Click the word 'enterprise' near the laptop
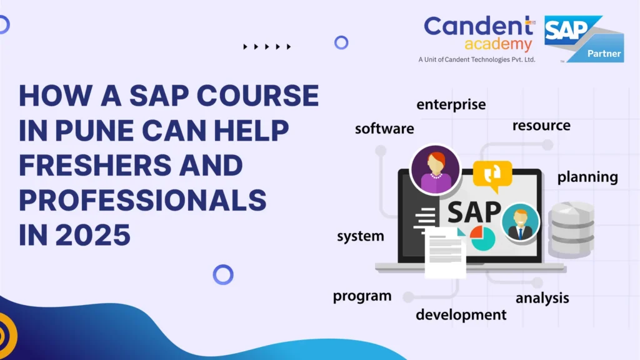451,104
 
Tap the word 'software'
384,129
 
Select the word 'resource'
541,126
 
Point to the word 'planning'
587,177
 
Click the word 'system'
360,236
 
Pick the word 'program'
362,296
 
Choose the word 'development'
461,314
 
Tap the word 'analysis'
542,298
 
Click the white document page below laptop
445,253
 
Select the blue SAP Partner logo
583,39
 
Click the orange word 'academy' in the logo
498,44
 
